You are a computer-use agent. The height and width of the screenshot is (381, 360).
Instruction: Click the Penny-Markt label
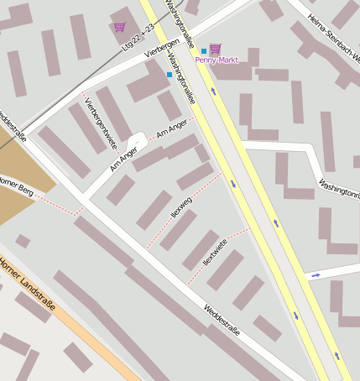217,60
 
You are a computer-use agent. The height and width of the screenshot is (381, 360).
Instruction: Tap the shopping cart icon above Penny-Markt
215,49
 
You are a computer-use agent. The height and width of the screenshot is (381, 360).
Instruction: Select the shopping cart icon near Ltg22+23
118,27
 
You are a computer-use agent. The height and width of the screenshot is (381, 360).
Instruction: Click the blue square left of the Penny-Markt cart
204,51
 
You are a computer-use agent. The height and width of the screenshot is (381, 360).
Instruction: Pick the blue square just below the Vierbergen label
170,75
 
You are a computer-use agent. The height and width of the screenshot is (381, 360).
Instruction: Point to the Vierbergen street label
162,52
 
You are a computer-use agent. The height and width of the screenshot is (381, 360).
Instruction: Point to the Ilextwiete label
215,253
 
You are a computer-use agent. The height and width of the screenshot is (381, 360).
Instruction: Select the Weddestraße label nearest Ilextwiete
222,321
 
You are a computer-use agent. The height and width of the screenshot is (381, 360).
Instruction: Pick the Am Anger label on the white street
123,157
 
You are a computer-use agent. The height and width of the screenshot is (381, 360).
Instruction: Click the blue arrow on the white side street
316,274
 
